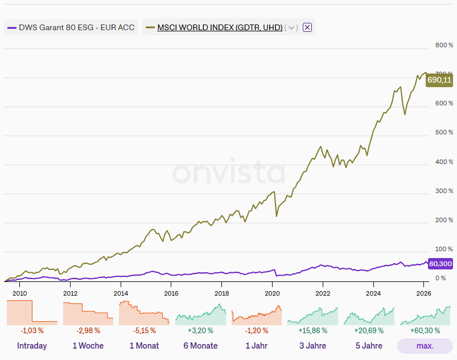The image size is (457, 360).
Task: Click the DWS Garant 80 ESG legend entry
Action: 71,27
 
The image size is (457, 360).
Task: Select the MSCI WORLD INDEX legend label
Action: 220,27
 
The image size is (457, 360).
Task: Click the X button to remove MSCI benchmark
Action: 307,27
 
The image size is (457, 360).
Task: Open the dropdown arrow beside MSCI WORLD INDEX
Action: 291,27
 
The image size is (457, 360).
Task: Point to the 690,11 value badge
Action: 439,80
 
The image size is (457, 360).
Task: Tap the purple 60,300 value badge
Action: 440,264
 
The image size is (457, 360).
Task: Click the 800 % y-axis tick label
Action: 444,46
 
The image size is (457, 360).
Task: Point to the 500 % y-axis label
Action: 444,133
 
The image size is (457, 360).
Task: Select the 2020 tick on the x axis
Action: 273,293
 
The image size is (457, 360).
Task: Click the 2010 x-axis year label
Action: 20,293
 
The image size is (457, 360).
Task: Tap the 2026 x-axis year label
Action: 423,293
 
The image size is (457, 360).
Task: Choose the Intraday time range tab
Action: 32,346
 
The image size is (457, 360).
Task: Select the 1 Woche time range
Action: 88,346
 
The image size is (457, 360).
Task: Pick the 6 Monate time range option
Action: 200,346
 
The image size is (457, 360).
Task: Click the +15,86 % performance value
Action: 312,330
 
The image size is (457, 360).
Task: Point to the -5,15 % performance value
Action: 144,330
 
